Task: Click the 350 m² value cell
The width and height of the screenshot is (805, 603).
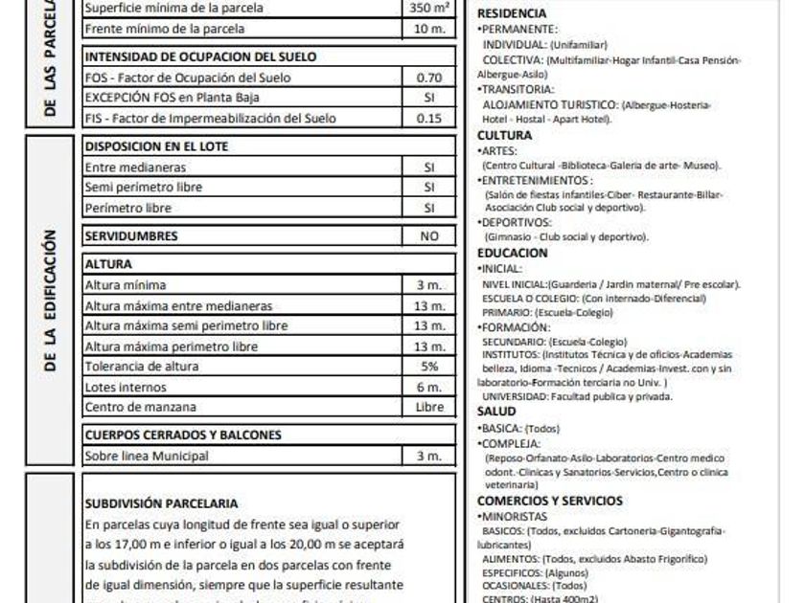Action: [429, 9]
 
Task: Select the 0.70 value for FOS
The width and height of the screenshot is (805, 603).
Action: [429, 78]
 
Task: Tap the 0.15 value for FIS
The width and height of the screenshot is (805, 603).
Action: [429, 119]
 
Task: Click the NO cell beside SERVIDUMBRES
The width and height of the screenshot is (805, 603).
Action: [429, 235]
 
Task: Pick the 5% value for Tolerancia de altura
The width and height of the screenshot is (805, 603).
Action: [429, 367]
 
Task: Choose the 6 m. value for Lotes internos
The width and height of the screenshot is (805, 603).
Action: [429, 388]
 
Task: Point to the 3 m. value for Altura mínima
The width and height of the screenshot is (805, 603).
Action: [429, 285]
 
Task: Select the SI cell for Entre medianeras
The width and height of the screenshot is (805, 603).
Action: [429, 167]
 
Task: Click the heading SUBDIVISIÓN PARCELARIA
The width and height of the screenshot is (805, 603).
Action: [161, 503]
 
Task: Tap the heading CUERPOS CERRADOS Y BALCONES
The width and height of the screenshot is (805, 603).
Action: [183, 435]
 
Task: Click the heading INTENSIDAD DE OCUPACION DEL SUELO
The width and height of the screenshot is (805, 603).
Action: [200, 56]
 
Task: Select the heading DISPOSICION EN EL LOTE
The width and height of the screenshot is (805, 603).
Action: [156, 146]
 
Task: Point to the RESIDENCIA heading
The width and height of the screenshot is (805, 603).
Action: [512, 13]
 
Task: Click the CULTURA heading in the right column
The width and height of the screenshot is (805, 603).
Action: [504, 135]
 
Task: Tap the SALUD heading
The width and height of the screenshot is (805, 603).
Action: [496, 412]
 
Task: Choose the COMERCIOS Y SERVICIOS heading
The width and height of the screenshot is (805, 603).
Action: [549, 501]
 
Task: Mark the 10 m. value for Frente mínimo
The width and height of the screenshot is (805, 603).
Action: [429, 29]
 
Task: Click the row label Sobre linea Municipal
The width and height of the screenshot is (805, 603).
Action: [147, 457]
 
